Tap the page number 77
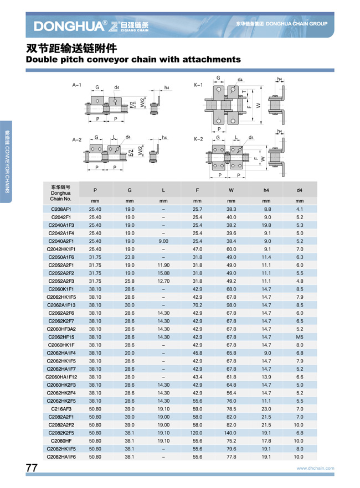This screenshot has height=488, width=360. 32,468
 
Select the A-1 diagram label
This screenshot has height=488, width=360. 77,85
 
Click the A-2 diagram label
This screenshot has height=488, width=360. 77,140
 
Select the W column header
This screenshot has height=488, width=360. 232,190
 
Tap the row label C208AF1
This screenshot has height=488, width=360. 61,209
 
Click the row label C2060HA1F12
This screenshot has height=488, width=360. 61,377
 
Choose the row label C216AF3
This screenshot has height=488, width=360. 61,409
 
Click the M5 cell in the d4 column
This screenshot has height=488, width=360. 300,337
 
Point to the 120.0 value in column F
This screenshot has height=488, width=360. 197,433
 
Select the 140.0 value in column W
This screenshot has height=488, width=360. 232,433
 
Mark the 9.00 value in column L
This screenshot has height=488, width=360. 163,241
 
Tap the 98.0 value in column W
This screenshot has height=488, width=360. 232,305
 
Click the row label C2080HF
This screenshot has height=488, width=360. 61,441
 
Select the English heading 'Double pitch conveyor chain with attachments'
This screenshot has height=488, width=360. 133,59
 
